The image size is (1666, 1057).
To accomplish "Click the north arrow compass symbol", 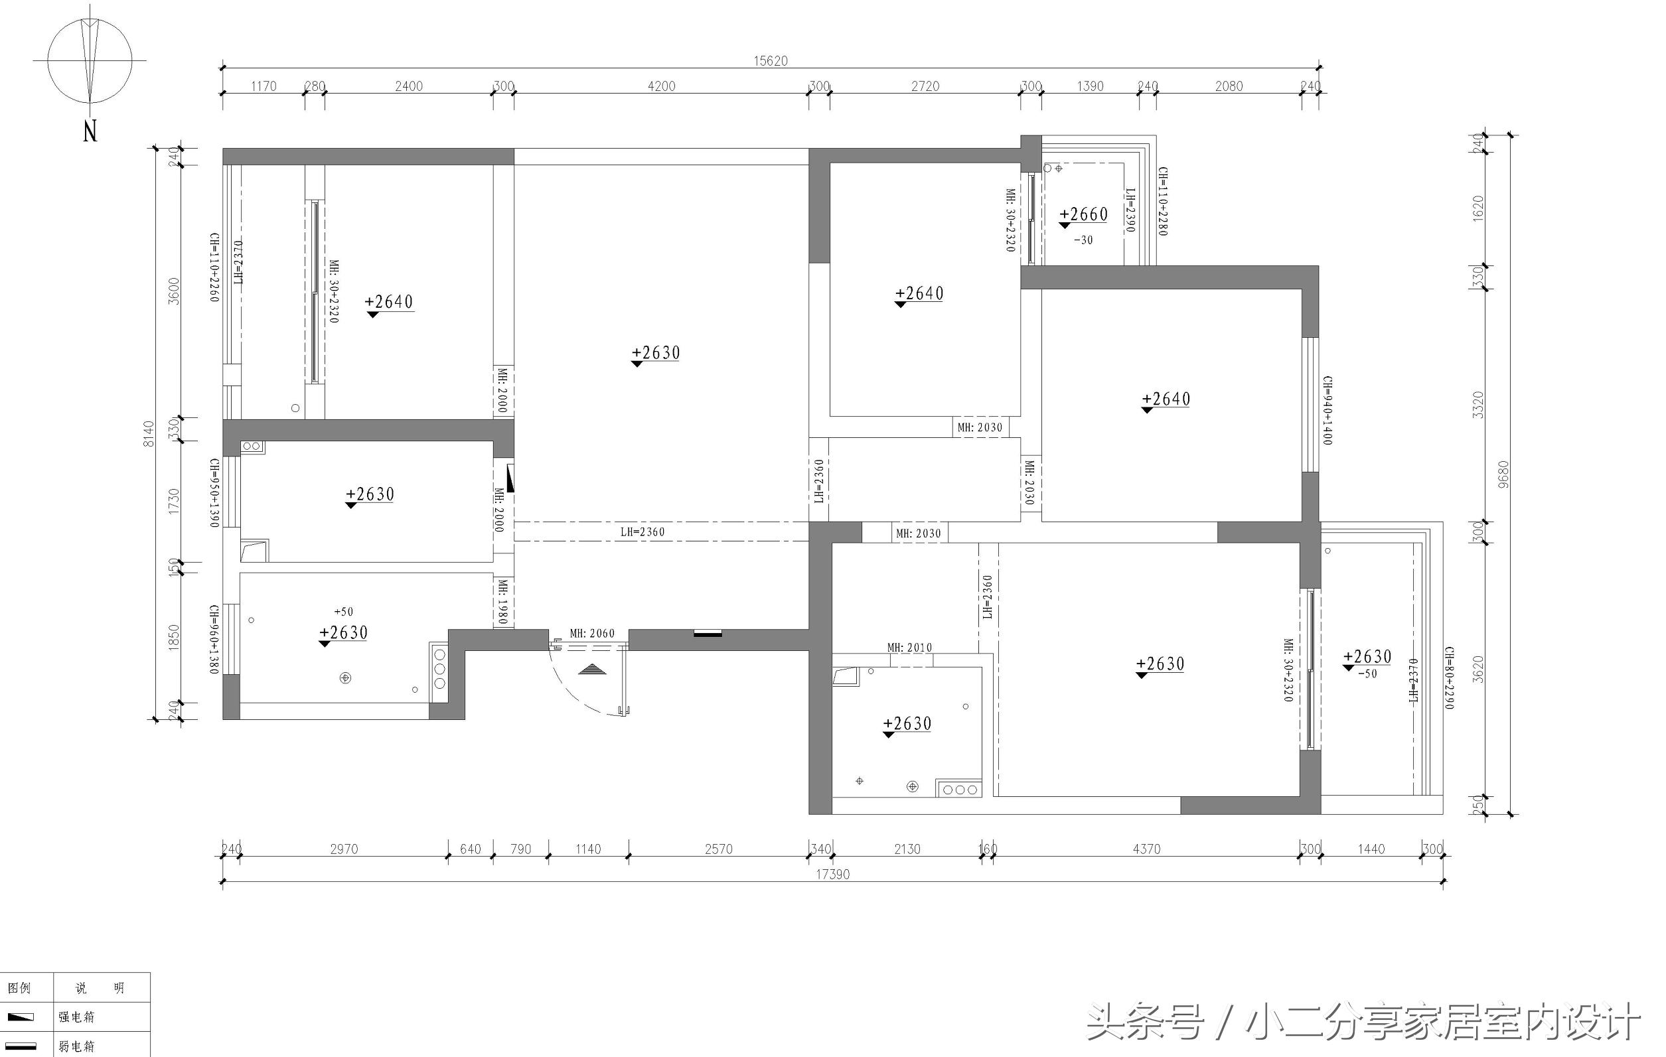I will [x=90, y=61].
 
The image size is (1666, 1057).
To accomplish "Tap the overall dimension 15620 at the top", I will [x=770, y=61].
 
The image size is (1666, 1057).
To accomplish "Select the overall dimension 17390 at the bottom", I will [x=832, y=875].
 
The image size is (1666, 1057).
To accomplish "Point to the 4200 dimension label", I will [x=660, y=86].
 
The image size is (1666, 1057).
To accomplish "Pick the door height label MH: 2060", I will [x=591, y=634].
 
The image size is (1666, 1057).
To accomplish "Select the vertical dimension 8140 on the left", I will [x=149, y=434].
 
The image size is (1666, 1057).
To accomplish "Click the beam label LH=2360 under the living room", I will [x=642, y=532].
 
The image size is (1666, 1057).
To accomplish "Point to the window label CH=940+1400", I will [x=1327, y=410].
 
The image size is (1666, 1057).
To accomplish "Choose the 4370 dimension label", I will [x=1146, y=849].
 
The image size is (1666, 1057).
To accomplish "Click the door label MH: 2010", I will [x=909, y=648].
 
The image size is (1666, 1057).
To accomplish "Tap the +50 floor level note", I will [x=343, y=612].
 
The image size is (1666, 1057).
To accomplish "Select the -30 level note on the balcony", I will [x=1083, y=240].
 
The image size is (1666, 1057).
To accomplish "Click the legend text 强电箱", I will [x=76, y=1017].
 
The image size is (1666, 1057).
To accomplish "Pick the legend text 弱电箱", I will [x=76, y=1046].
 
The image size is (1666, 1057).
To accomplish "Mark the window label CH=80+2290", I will [x=1449, y=678].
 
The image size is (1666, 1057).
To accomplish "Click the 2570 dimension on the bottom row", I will [x=718, y=849].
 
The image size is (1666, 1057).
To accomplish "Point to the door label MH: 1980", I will [x=503, y=602].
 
